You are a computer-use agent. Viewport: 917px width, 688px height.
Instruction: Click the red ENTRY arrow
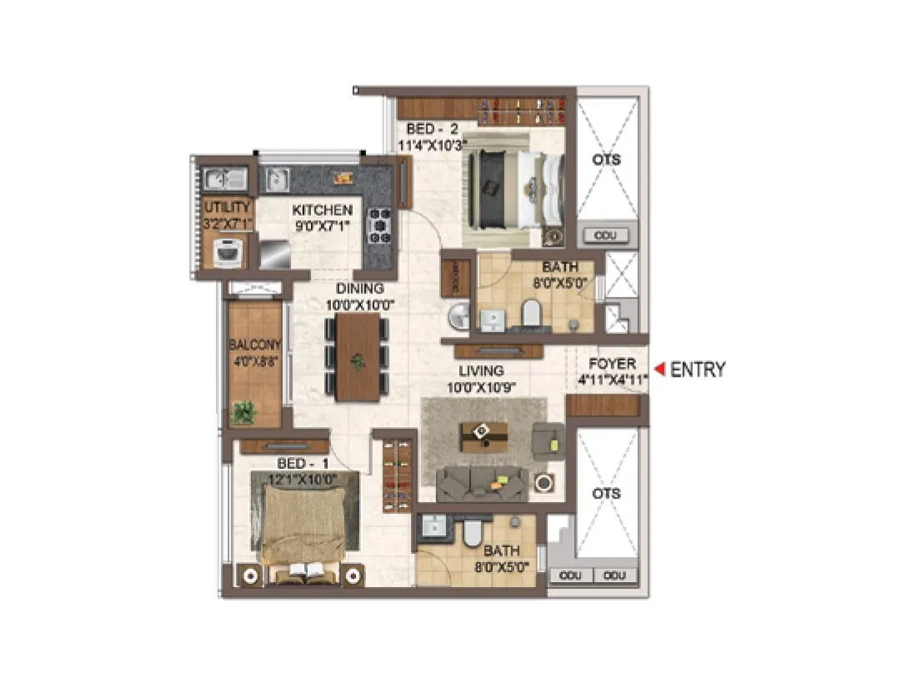pos(659,369)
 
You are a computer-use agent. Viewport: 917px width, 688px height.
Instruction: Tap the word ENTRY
pos(698,369)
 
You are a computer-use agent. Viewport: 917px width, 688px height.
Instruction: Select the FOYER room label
pos(612,364)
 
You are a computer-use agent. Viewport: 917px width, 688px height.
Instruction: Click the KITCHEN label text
pos(322,210)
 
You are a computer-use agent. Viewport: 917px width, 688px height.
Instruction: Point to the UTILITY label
pos(227,207)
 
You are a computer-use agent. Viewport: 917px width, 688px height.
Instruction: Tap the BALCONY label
pos(254,344)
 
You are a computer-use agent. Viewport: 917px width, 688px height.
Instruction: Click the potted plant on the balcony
pos(244,411)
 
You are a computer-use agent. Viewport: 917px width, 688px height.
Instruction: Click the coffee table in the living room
pos(484,434)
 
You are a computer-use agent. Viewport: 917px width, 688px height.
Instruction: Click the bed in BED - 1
pos(303,524)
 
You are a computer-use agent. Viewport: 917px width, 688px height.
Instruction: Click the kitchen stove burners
pos(380,224)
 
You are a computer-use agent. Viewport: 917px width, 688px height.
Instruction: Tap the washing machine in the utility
pos(228,252)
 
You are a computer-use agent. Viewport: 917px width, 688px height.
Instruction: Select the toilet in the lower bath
pos(473,531)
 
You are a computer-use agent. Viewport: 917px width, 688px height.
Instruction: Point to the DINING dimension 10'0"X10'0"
pos(359,304)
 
